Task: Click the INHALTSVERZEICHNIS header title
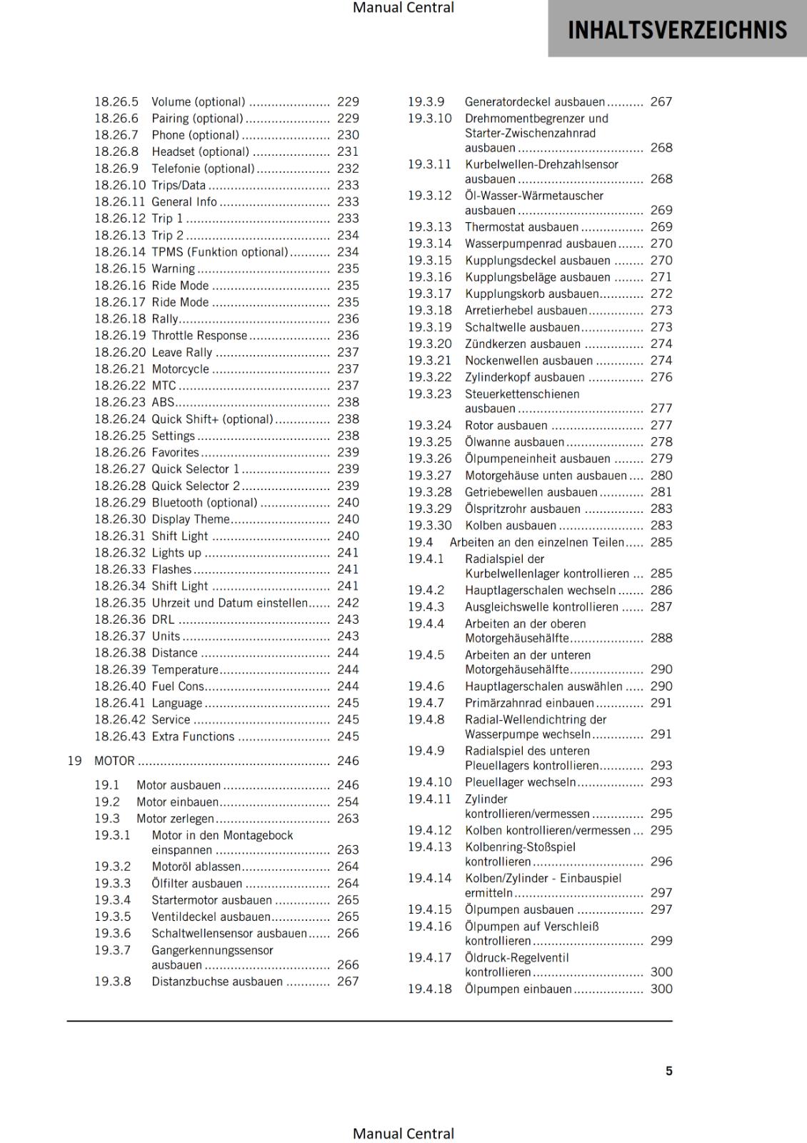(x=677, y=30)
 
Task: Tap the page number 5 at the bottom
(x=668, y=1071)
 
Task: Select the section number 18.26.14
(x=119, y=252)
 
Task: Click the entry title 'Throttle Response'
(x=199, y=336)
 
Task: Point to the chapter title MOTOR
(x=114, y=761)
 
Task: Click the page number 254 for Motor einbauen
(x=348, y=802)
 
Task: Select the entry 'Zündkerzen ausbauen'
(x=523, y=344)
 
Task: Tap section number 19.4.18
(x=429, y=989)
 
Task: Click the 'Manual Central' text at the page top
(x=403, y=8)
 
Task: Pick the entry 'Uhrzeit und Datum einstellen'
(x=229, y=603)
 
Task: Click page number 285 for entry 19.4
(x=661, y=542)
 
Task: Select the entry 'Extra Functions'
(x=193, y=737)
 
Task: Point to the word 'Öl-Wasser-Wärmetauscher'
(x=533, y=196)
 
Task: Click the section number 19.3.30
(x=429, y=525)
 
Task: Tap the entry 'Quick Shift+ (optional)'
(x=212, y=419)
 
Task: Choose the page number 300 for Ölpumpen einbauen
(x=661, y=989)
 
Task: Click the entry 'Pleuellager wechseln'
(x=520, y=782)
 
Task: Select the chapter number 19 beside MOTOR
(x=74, y=761)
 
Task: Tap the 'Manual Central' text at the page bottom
(x=403, y=1134)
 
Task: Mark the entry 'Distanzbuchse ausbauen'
(x=217, y=982)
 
